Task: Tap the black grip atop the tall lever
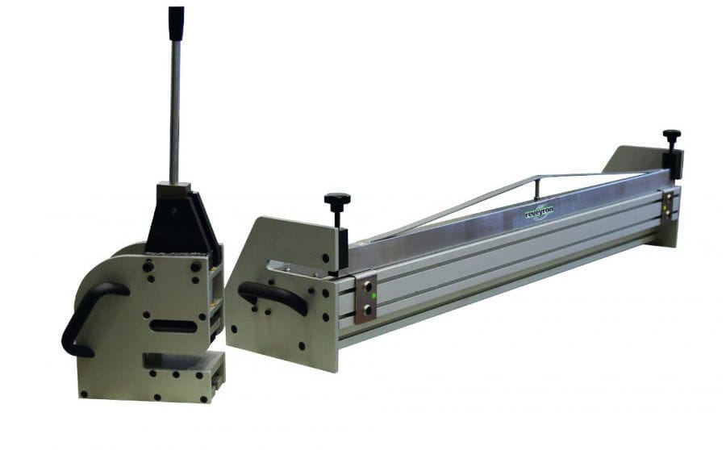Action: [176, 23]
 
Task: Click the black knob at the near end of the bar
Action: [337, 199]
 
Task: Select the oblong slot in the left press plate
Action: [173, 326]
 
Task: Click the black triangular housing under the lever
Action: [181, 221]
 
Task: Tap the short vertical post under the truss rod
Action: [536, 189]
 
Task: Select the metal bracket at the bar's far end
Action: [668, 205]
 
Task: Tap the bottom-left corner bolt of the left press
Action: [83, 394]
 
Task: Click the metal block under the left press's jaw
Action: [186, 382]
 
